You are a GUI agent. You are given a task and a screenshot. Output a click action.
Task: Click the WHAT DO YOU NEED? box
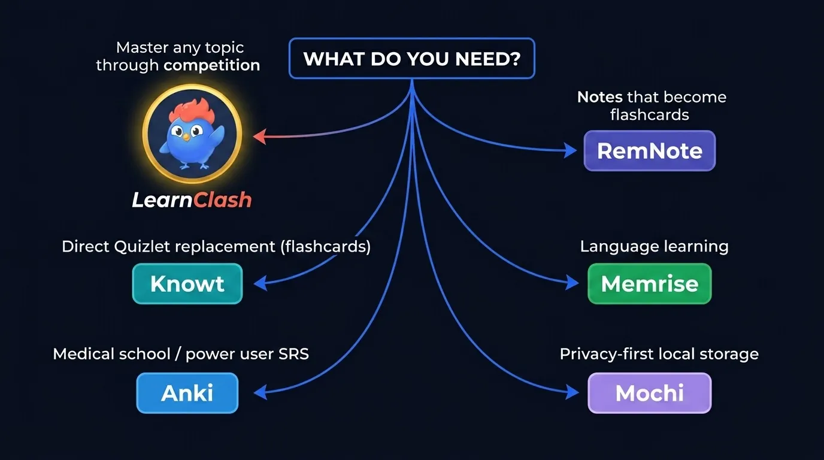click(x=412, y=59)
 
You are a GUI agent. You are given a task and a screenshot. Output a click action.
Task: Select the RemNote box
click(x=649, y=151)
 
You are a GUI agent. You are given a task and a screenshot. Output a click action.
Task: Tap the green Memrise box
click(x=649, y=283)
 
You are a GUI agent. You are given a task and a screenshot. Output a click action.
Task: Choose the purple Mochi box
click(x=649, y=393)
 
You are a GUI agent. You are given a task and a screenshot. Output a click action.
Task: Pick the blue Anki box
click(x=187, y=393)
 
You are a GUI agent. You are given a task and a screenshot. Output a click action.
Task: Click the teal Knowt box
click(x=187, y=283)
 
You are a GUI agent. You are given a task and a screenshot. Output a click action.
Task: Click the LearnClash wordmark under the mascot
click(x=192, y=199)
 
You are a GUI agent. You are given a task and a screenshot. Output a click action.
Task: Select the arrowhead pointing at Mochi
click(x=573, y=393)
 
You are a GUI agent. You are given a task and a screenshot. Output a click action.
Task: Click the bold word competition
click(x=212, y=65)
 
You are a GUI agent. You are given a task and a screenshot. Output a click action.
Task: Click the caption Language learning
click(x=654, y=246)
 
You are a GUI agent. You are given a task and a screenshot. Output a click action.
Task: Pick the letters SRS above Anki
click(x=293, y=354)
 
